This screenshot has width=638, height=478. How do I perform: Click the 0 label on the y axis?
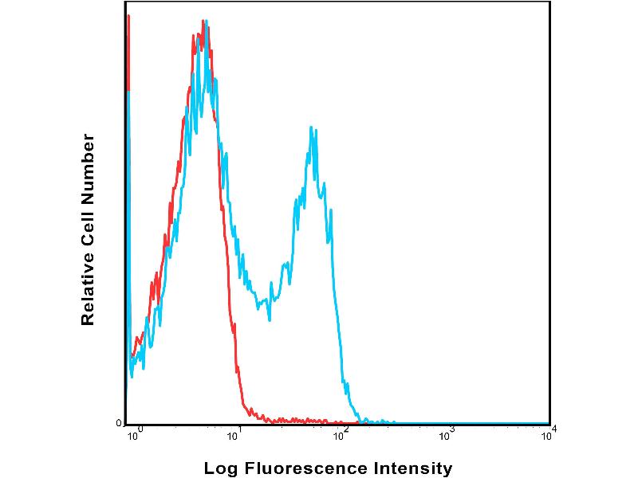tap(119, 423)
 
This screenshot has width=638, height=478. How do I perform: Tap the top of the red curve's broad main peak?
tap(197, 33)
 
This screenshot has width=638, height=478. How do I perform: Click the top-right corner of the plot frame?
tap(549, 2)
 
